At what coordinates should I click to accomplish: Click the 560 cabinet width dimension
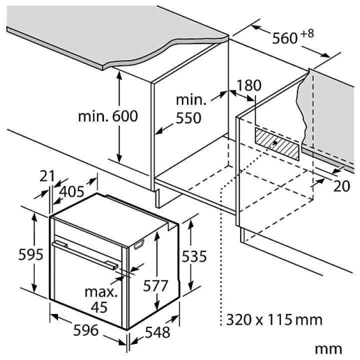[x=285, y=38]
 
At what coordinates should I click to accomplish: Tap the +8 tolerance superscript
[x=307, y=34]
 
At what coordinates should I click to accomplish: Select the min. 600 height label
[x=108, y=116]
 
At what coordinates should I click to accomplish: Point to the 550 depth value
[x=188, y=118]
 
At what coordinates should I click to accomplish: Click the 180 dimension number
[x=249, y=85]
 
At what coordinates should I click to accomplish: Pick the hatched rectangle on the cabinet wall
[x=277, y=144]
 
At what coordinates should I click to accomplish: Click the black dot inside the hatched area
[x=275, y=143]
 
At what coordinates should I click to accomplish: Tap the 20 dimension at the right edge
[x=341, y=186]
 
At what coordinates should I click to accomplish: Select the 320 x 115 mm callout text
[x=274, y=319]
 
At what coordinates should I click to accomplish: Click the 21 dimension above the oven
[x=47, y=176]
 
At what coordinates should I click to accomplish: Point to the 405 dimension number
[x=71, y=191]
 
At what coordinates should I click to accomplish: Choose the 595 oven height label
[x=30, y=254]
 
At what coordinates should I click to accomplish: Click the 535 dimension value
[x=194, y=256]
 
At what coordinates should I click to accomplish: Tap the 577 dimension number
[x=155, y=286]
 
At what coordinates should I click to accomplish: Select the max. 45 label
[x=100, y=299]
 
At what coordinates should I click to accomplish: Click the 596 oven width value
[x=85, y=330]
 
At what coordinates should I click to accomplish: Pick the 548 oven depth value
[x=157, y=332]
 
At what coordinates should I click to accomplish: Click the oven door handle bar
[x=85, y=254]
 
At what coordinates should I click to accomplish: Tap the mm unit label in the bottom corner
[x=328, y=349]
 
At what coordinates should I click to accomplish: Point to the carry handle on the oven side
[x=139, y=244]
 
